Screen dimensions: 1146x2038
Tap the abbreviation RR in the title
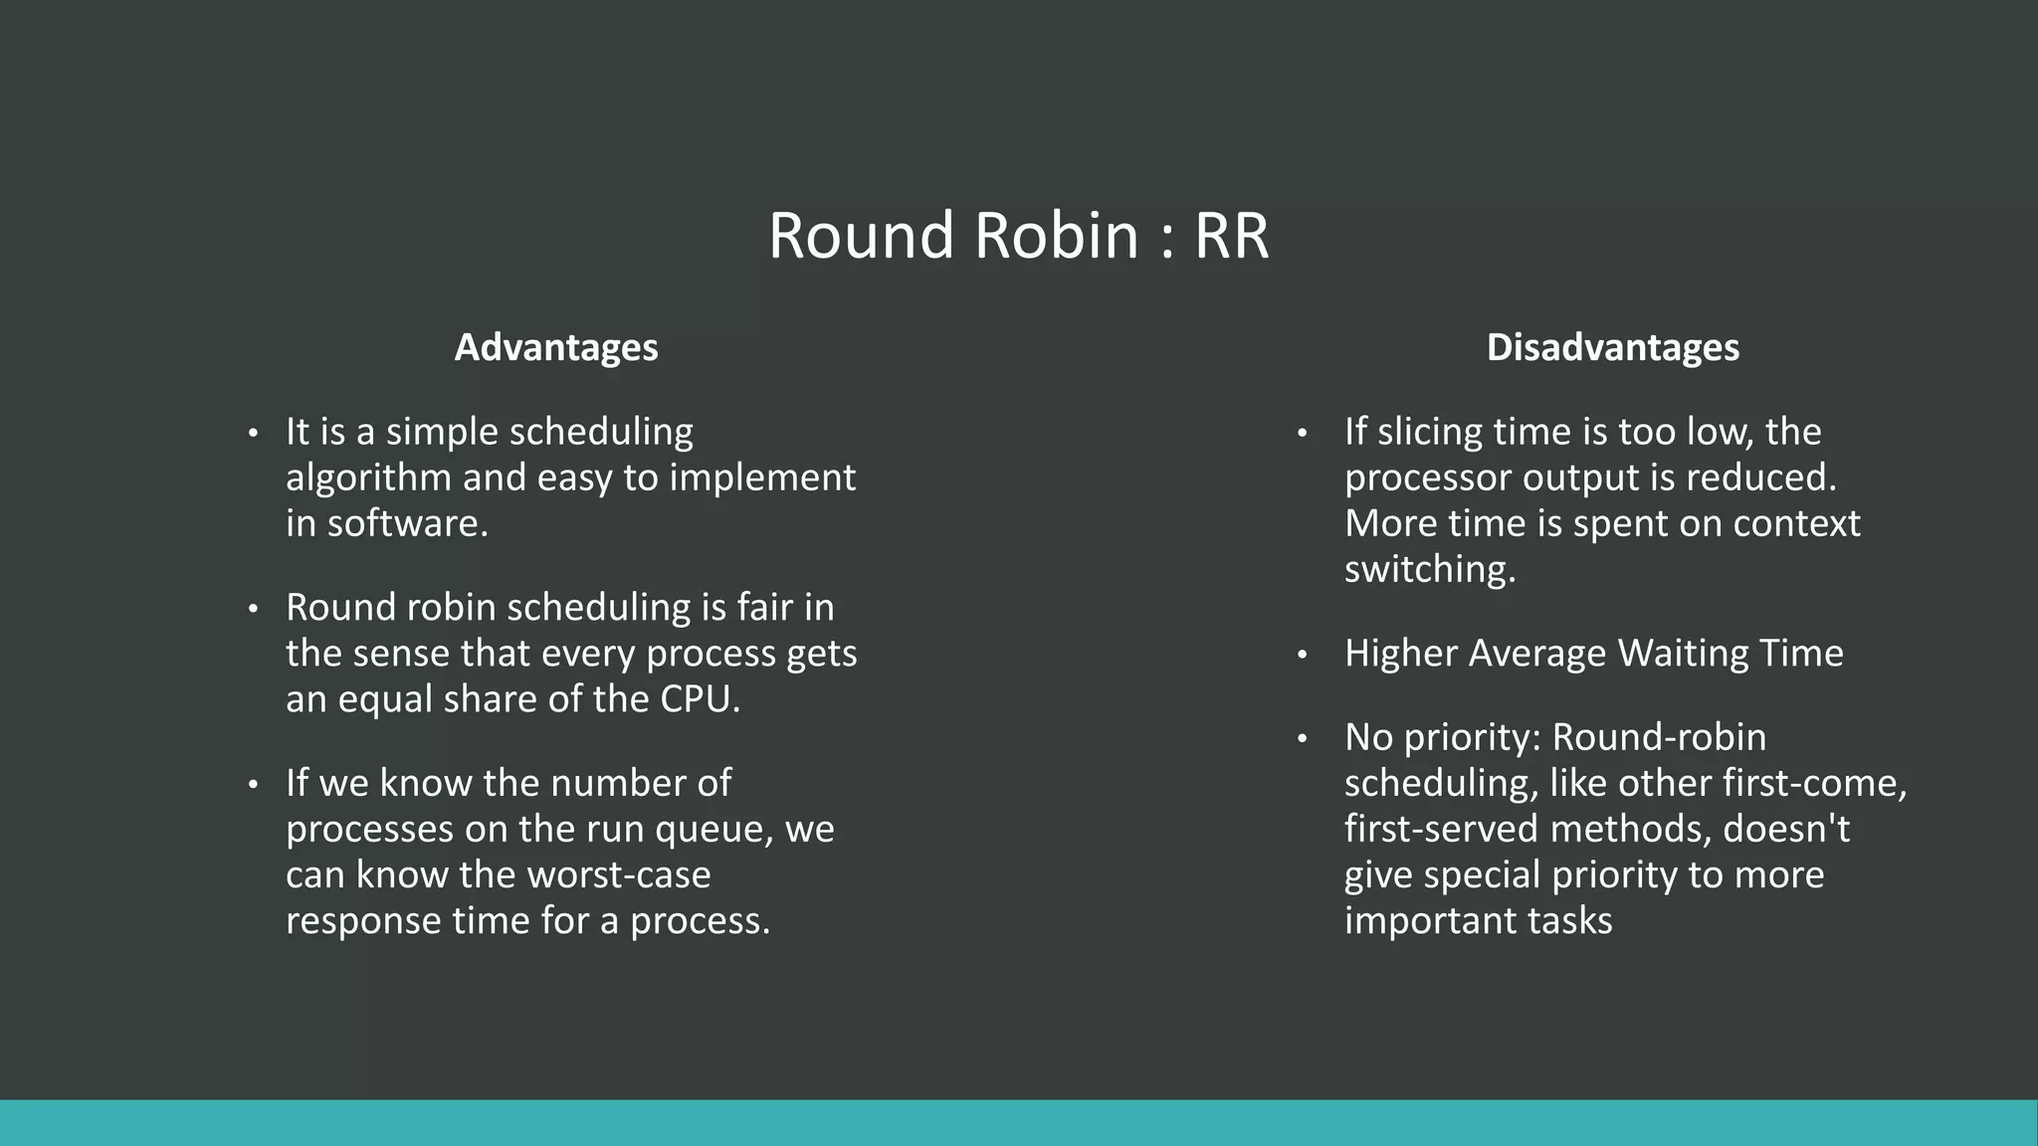pos(1231,237)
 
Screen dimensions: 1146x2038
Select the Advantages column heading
pos(556,347)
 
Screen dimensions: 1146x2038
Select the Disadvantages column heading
pos(1612,347)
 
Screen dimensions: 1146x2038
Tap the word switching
pos(1429,570)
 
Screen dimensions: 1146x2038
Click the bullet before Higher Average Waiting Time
pos(1302,655)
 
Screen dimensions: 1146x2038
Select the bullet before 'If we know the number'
pos(253,785)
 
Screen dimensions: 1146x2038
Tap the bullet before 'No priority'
pos(1302,739)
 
